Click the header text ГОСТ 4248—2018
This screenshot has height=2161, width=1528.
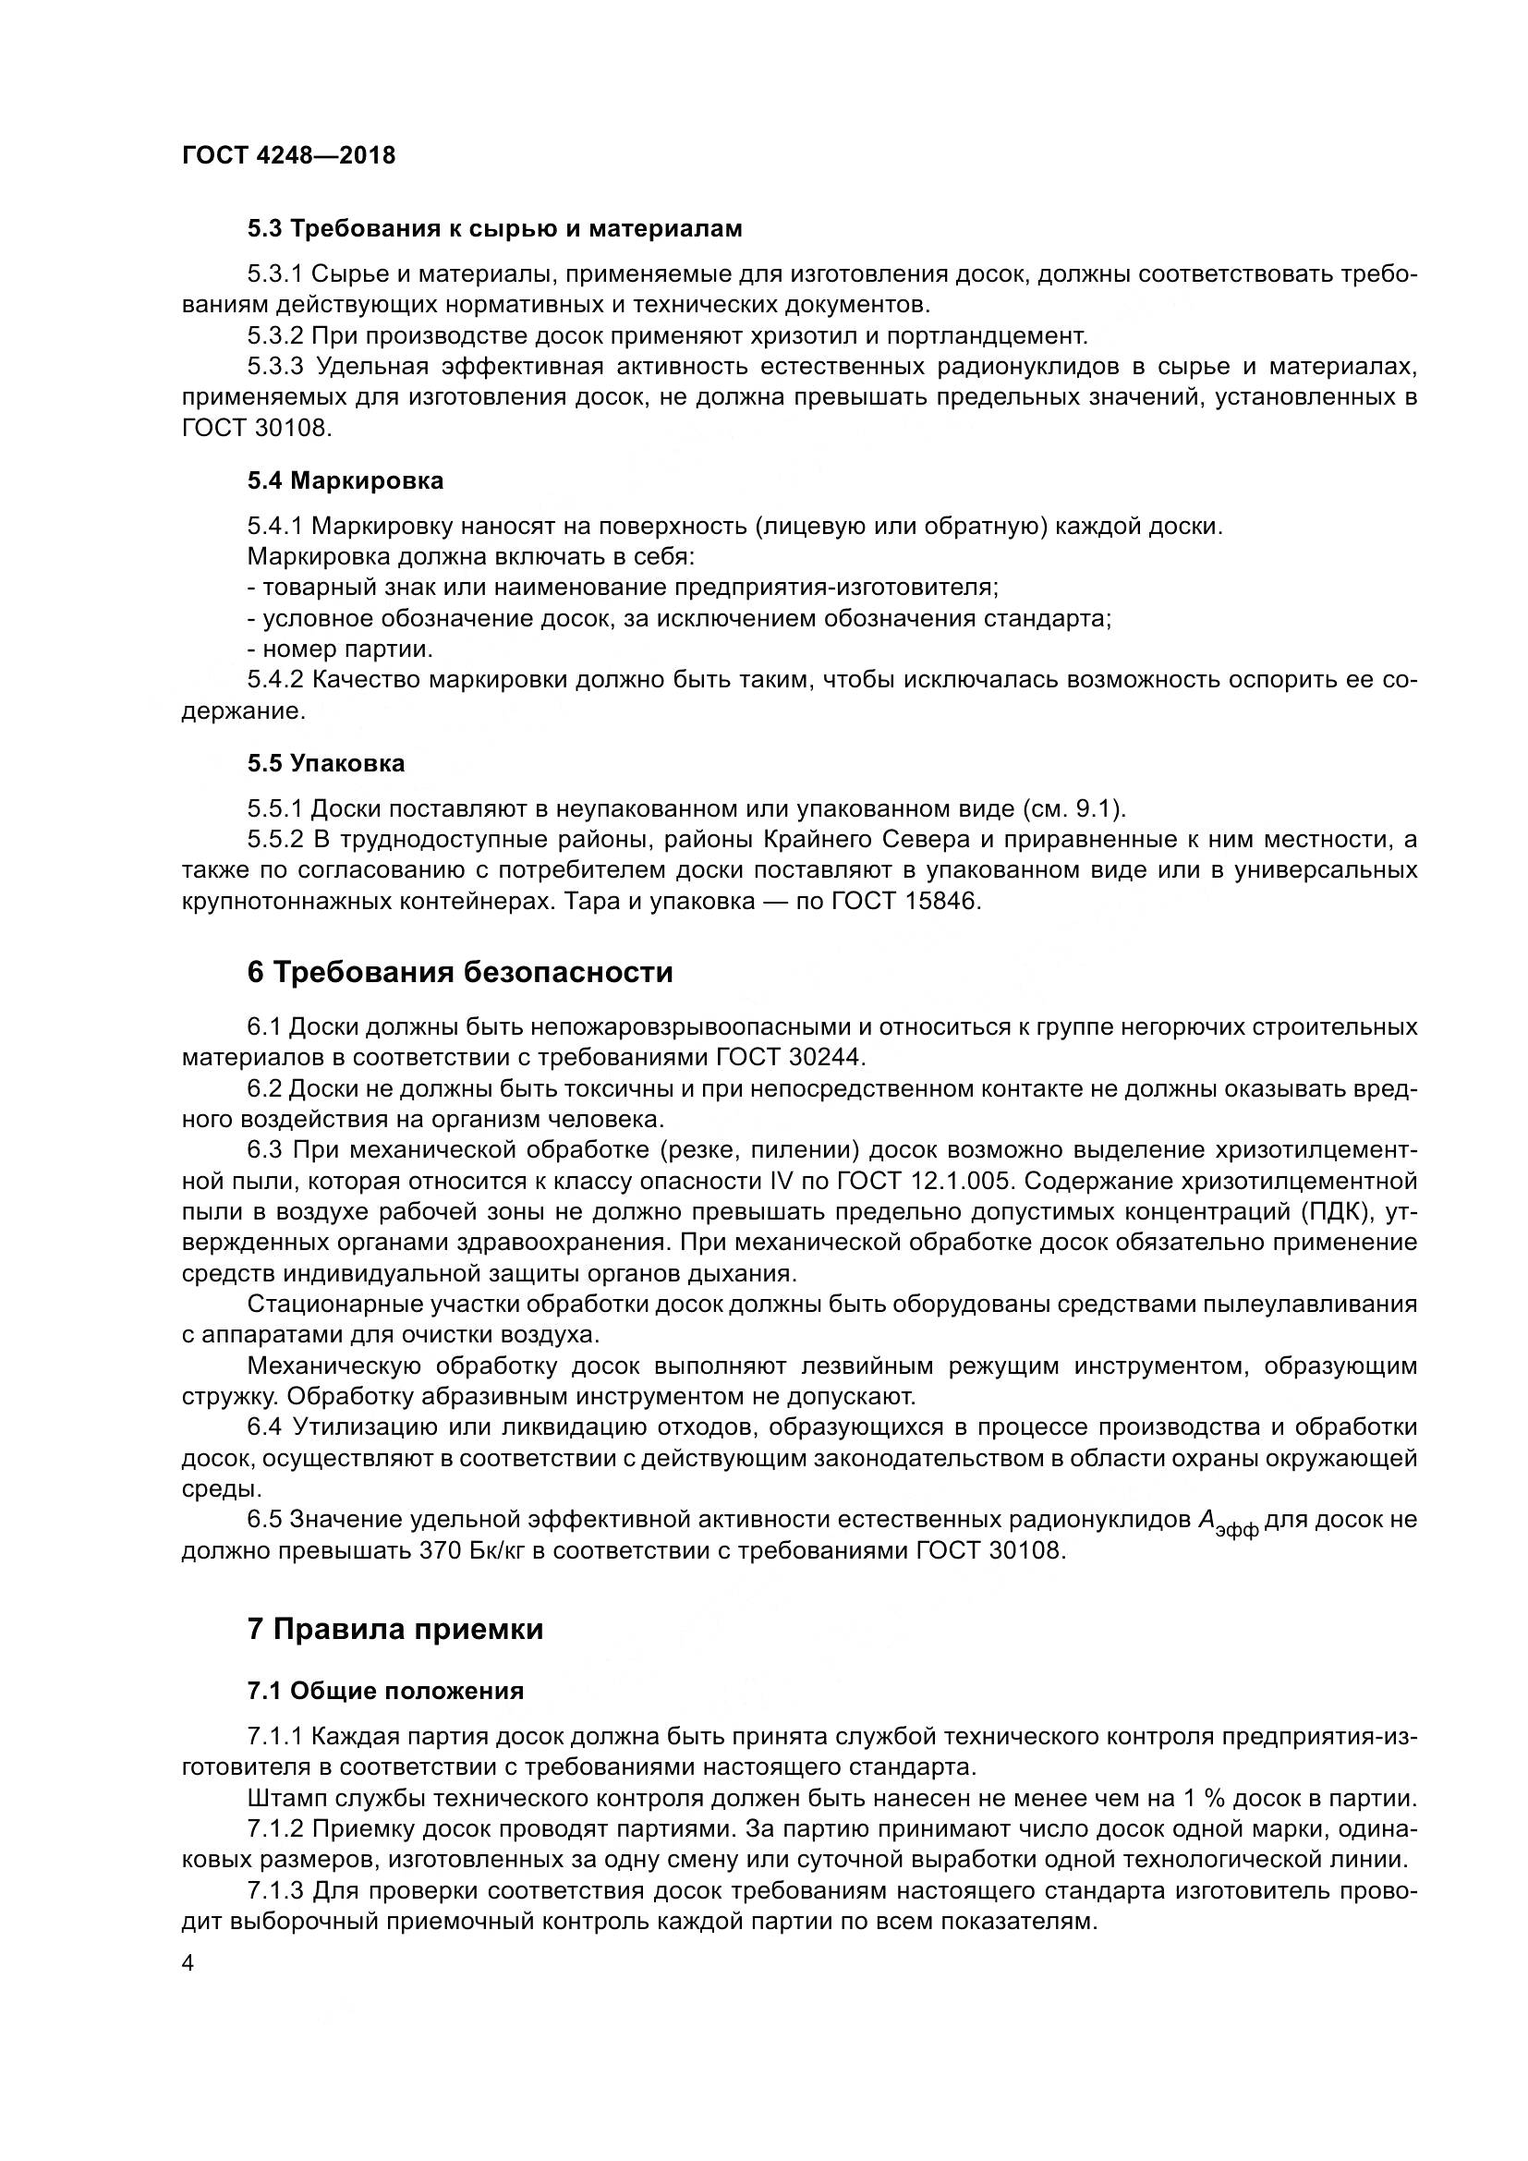click(289, 155)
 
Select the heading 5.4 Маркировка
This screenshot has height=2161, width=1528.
click(346, 481)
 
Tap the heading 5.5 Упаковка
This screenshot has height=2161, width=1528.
click(325, 763)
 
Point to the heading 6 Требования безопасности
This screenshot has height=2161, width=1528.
click(460, 972)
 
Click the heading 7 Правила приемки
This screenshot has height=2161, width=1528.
click(395, 1629)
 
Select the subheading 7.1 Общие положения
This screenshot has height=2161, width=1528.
click(386, 1692)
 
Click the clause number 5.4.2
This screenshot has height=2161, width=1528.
click(274, 681)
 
